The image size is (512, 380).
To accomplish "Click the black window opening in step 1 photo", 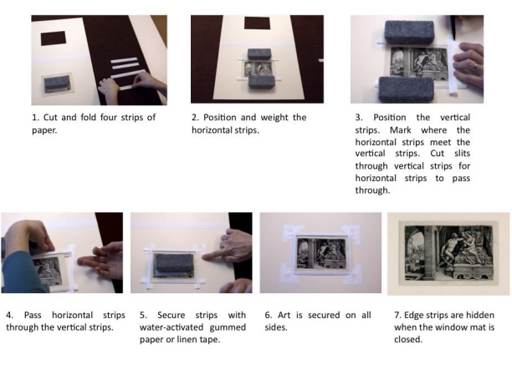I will (x=53, y=38).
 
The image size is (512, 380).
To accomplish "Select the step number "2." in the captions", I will (x=197, y=117).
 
